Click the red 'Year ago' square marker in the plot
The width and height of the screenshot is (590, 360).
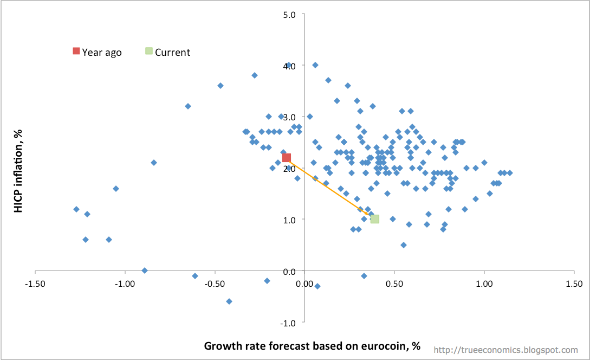(x=287, y=158)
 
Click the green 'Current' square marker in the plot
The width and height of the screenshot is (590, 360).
(x=374, y=219)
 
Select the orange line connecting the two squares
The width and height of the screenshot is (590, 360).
(x=330, y=189)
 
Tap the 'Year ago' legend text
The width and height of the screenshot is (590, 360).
(x=102, y=53)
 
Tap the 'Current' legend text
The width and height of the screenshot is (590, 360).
(x=172, y=53)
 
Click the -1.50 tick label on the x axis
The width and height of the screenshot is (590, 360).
(x=35, y=284)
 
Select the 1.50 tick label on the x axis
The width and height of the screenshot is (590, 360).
(x=574, y=284)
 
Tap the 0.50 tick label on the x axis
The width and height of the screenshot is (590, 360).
(x=394, y=284)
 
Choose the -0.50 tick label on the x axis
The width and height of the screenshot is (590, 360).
(x=215, y=284)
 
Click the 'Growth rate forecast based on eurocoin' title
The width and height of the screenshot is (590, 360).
(x=312, y=346)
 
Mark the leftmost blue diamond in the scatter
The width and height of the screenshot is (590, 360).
(x=76, y=209)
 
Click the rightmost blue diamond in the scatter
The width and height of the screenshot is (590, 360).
(x=510, y=173)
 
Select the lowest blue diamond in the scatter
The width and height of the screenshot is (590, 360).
(x=229, y=301)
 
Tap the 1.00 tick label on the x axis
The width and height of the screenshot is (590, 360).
(x=484, y=284)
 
